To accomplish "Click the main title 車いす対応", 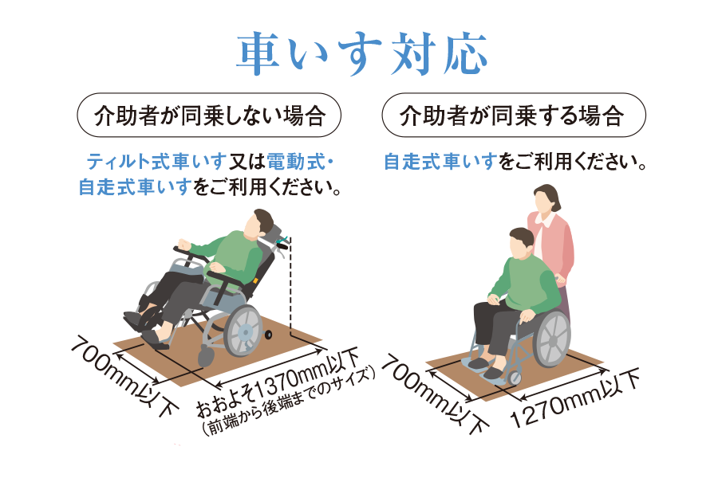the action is [x=361, y=53].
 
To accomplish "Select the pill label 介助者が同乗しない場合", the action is [x=209, y=116].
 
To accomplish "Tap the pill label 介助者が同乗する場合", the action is [x=514, y=116].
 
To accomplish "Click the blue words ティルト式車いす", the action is [x=156, y=162].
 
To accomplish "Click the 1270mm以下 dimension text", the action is [x=574, y=398].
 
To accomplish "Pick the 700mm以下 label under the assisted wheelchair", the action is [x=435, y=394].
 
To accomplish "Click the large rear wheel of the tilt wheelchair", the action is [x=243, y=331].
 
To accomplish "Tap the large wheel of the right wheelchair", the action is [x=552, y=339].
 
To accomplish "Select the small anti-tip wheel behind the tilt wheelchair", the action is [x=268, y=335].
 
